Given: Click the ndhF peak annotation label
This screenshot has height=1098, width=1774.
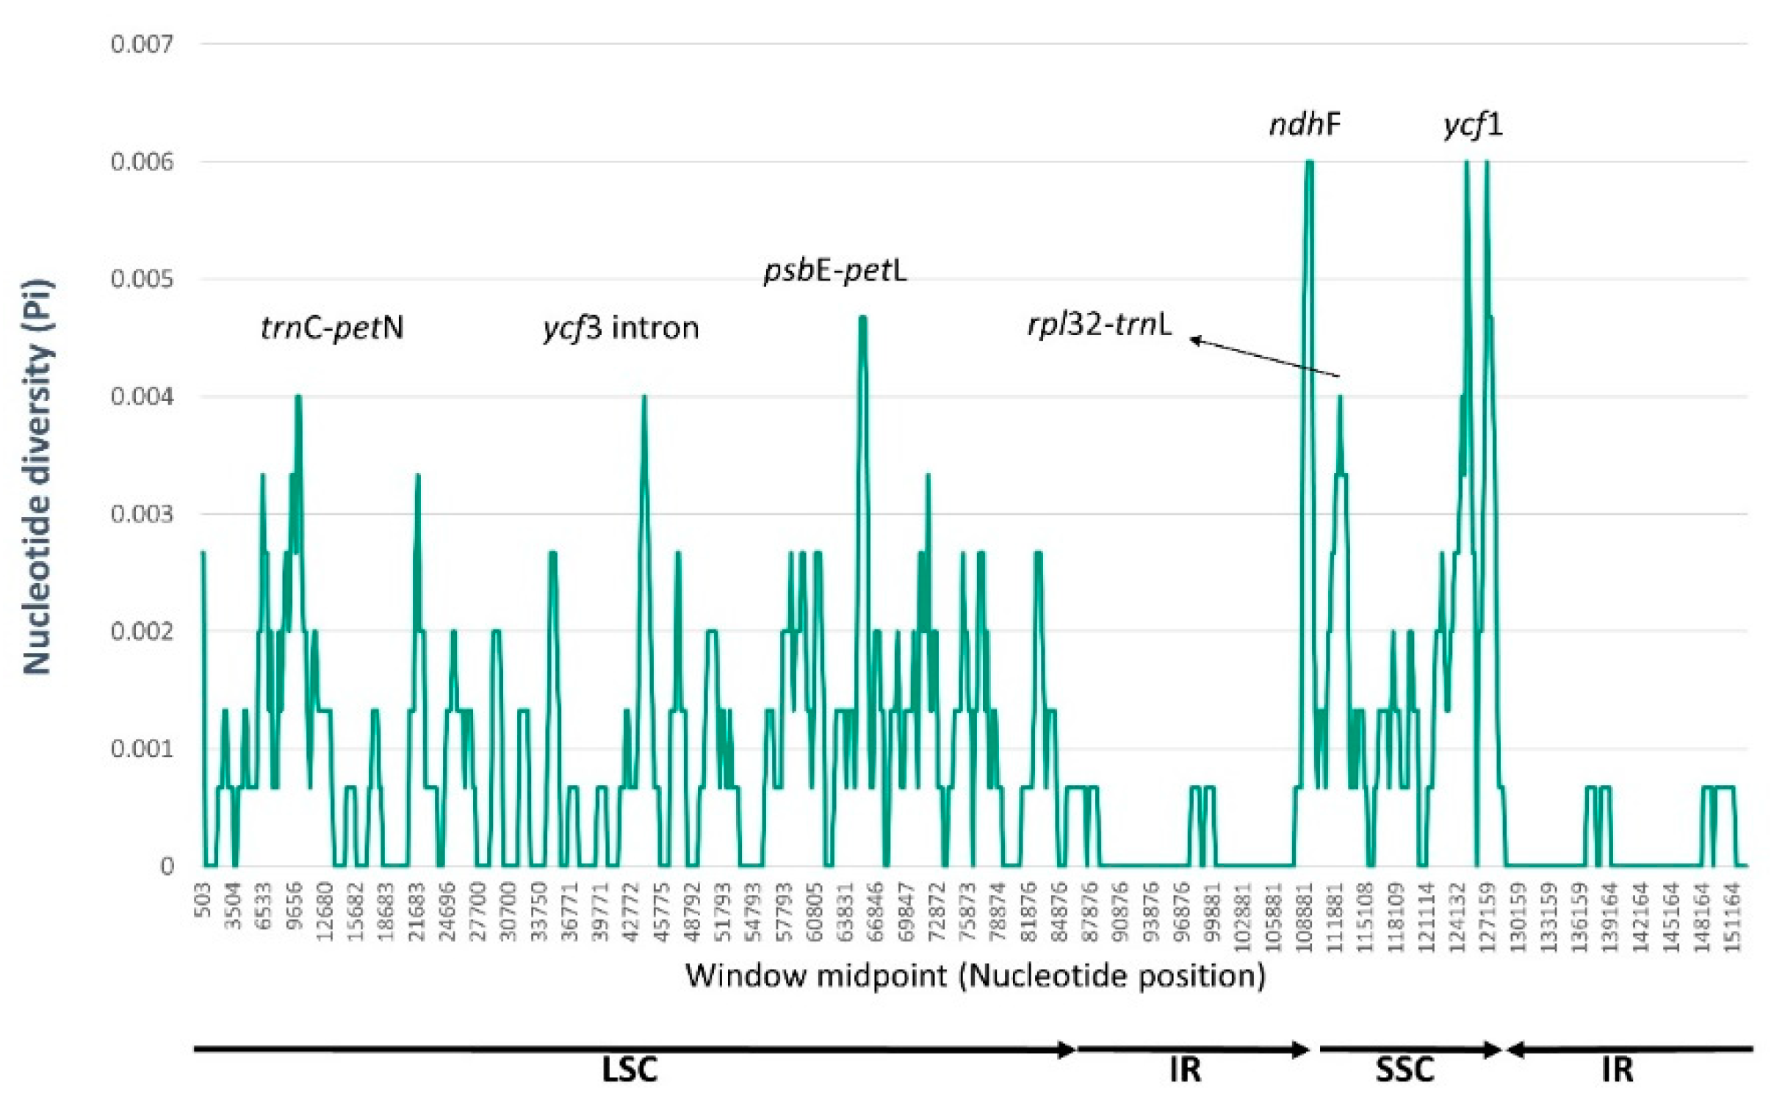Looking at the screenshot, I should tap(1305, 125).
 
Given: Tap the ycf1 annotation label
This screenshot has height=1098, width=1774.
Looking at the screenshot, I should tap(1473, 125).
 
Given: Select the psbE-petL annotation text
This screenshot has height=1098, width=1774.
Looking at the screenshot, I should tap(835, 271).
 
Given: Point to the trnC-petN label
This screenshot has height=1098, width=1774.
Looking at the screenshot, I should tap(332, 327).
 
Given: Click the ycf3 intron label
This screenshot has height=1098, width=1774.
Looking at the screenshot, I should tap(621, 327).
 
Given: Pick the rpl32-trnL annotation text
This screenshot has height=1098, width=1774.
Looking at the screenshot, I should tap(1099, 324).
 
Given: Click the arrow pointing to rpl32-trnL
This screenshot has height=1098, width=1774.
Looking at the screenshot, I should tap(1263, 358).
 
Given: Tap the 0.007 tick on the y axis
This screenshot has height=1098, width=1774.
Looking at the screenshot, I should tap(142, 44).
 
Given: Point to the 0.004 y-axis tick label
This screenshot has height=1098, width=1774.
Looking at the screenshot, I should tap(142, 397).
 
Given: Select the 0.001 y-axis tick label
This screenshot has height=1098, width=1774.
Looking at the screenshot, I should tap(142, 749).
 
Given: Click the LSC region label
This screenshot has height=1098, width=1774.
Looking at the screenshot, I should tap(630, 1069).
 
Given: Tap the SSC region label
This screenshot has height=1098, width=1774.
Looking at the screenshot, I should tap(1405, 1069).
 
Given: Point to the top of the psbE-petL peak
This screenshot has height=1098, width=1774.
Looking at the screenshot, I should tap(863, 318).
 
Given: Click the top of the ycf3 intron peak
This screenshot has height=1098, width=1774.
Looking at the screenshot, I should tap(644, 397).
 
